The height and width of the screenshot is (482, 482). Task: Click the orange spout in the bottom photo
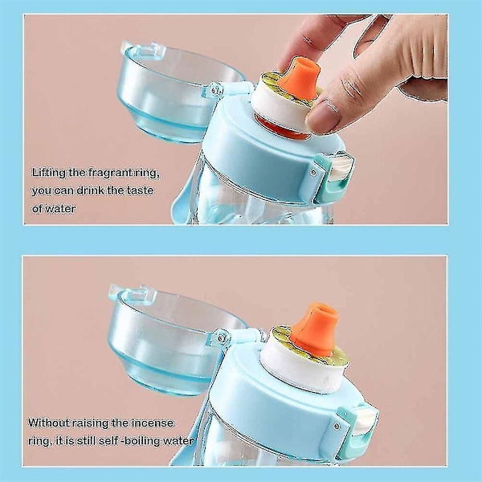pos(314,329)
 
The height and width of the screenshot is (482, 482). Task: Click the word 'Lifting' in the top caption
pos(48,173)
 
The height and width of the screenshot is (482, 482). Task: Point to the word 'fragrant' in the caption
pos(107,173)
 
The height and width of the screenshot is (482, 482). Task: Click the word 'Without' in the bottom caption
pos(48,423)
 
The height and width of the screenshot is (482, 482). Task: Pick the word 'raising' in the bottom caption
pos(90,423)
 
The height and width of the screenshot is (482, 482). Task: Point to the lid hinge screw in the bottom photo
pos(221,338)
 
